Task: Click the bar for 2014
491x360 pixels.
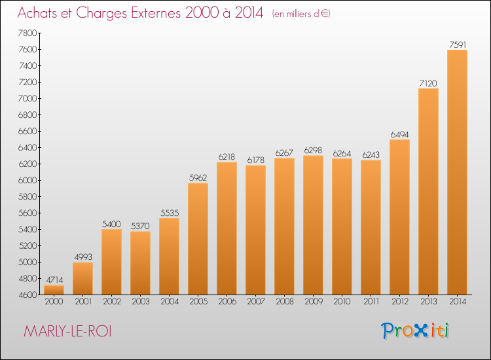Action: tap(457, 172)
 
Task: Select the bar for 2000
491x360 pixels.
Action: tap(54, 289)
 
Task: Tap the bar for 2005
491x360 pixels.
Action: tap(198, 239)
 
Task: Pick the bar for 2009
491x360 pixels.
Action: tap(313, 225)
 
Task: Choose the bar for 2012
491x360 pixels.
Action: tap(399, 217)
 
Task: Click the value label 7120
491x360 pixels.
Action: tap(428, 83)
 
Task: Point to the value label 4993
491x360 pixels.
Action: tap(82, 257)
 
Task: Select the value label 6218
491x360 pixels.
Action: tap(227, 157)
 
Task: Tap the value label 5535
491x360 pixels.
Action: tap(169, 213)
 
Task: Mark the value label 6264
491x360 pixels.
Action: tap(342, 153)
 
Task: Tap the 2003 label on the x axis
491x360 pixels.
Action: tap(140, 303)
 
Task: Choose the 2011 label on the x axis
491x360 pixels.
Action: tap(371, 303)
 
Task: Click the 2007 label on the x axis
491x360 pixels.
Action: tap(255, 303)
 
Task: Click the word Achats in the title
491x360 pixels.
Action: tap(41, 14)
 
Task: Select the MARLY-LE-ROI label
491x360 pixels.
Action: tap(67, 331)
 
